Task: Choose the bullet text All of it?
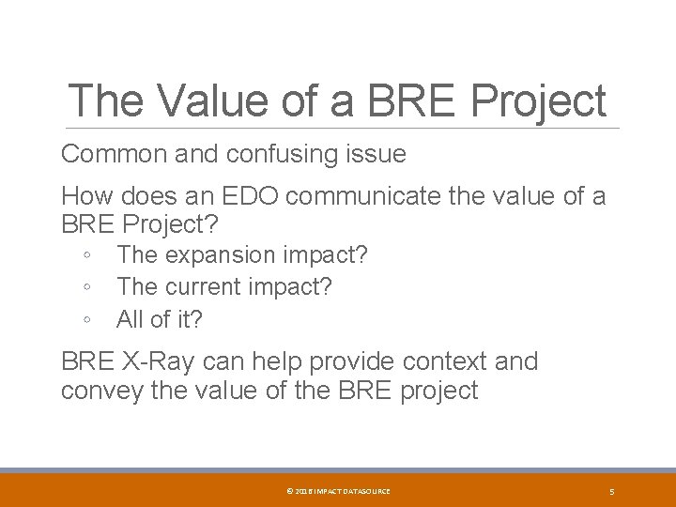click(x=160, y=319)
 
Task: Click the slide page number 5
click(x=611, y=491)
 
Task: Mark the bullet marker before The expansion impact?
click(x=86, y=255)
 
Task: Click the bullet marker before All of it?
click(x=86, y=319)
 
